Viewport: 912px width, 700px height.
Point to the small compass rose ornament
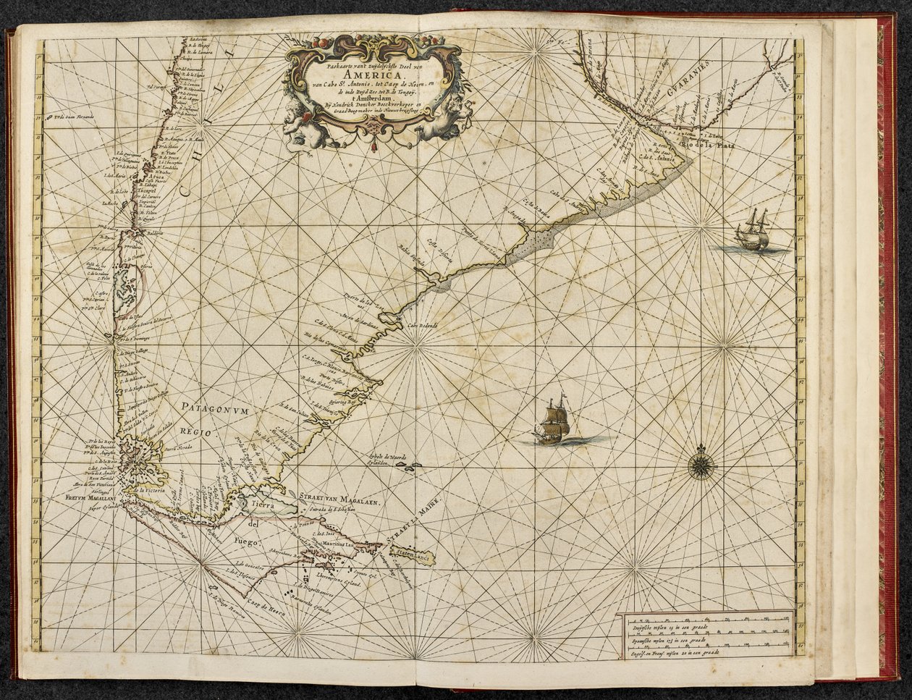[x=700, y=465]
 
